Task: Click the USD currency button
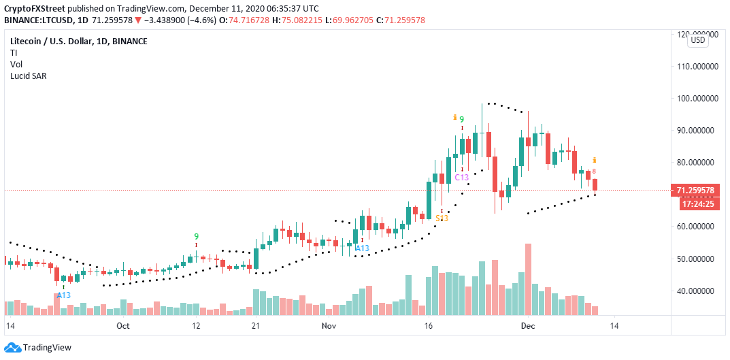(698, 40)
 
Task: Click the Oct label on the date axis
(123, 326)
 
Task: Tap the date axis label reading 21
(256, 326)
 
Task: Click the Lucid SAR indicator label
(28, 75)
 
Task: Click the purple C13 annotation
(462, 177)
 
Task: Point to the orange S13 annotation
(442, 218)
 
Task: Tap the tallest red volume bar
(528, 280)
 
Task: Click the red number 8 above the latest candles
(595, 171)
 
